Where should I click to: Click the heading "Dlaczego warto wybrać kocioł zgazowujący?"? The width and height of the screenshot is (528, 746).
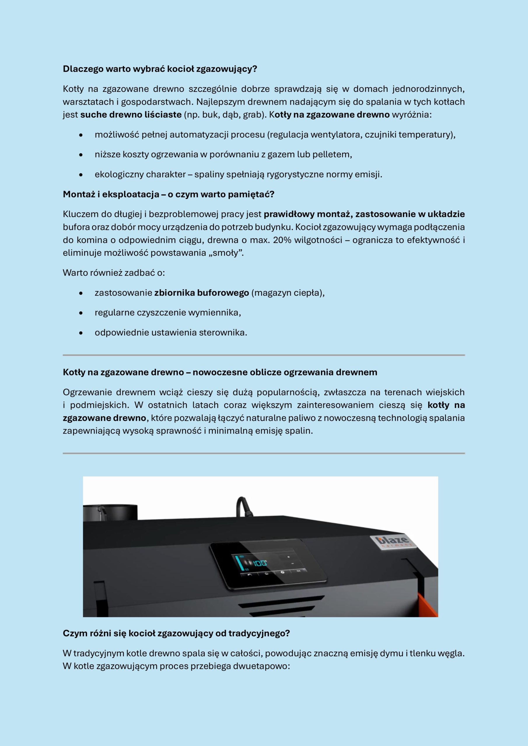160,69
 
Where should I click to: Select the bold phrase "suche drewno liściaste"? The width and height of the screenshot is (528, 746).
131,115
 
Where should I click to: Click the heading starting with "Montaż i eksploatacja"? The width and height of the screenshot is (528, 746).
169,194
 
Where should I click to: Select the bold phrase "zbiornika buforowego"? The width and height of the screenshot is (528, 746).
201,293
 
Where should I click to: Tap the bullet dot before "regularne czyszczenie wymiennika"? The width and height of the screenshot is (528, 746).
81,313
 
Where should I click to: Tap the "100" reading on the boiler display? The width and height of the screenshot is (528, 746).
260,563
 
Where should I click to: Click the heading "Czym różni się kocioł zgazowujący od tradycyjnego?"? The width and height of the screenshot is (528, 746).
176,633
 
